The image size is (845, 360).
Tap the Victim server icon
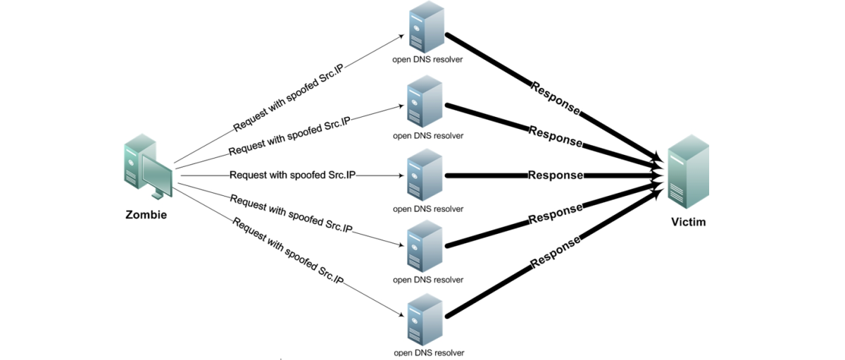coord(688,173)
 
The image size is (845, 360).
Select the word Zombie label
coord(146,215)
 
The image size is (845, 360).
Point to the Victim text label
coord(687,222)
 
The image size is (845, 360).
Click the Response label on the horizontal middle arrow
coord(556,175)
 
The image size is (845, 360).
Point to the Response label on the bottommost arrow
coord(556,252)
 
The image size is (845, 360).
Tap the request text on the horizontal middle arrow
coord(292,175)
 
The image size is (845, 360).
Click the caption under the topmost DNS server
coord(428,59)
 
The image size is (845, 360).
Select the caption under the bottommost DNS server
coord(428,352)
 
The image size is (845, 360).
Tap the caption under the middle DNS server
coord(428,209)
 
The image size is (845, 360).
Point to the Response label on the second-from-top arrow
coord(556,136)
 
